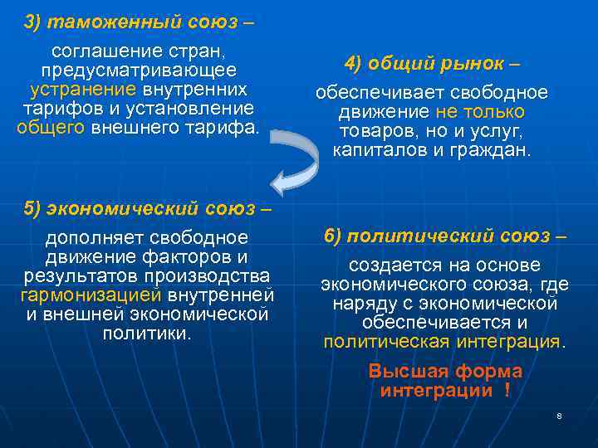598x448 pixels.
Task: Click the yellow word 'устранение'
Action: [83, 89]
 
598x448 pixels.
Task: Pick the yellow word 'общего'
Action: [50, 127]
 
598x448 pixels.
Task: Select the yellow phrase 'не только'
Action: [480, 112]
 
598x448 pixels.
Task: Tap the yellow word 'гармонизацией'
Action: [91, 295]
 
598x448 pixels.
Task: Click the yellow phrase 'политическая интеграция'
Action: [444, 342]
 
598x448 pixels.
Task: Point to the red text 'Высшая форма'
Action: [445, 371]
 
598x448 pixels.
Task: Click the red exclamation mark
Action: [507, 391]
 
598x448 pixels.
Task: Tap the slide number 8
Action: [559, 415]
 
